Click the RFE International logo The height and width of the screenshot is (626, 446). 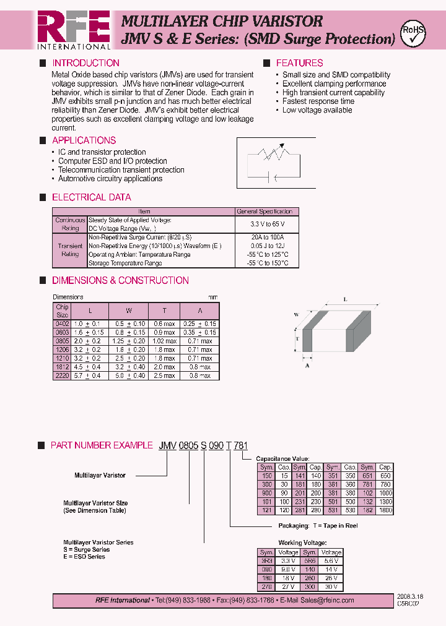coord(73,29)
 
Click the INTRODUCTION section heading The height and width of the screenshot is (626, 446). coord(85,63)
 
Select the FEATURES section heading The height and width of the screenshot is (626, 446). coord(299,63)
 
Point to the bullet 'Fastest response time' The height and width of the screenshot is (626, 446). coord(318,101)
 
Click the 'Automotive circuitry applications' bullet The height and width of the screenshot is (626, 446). coord(110,179)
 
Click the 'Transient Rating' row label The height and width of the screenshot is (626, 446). coord(70,250)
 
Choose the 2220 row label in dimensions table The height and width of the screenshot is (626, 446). coord(63,375)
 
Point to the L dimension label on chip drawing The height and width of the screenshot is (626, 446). coord(344,300)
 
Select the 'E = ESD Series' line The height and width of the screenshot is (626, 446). coord(84,557)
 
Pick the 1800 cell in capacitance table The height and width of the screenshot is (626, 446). coord(385,511)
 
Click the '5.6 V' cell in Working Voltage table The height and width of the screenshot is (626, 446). coord(331,561)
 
